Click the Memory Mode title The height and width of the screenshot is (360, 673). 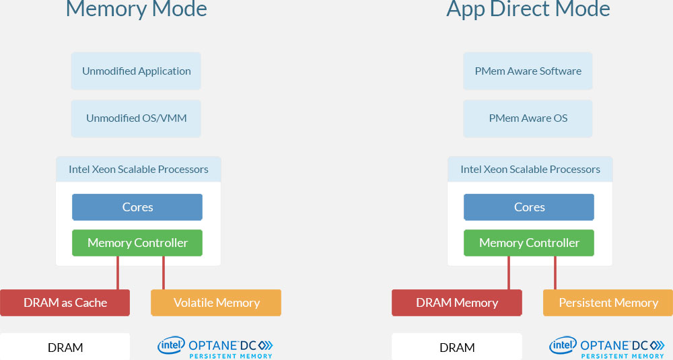click(137, 9)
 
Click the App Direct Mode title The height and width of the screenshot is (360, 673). click(528, 9)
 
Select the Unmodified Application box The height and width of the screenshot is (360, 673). click(137, 71)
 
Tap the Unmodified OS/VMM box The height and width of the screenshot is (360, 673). click(137, 118)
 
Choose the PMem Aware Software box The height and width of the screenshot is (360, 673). click(528, 71)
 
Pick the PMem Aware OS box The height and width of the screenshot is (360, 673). click(528, 118)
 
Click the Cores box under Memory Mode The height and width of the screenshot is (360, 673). click(137, 207)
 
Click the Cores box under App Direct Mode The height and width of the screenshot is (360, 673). click(529, 207)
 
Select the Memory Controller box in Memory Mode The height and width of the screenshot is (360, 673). click(137, 243)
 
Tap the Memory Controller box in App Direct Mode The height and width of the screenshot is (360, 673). click(529, 243)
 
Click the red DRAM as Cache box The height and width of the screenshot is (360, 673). click(65, 303)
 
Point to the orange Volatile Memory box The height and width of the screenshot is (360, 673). click(216, 303)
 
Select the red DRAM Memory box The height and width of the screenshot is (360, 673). click(457, 303)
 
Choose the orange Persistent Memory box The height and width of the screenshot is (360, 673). click(608, 303)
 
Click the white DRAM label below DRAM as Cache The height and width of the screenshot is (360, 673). click(65, 347)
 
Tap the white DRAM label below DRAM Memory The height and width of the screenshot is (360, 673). click(457, 347)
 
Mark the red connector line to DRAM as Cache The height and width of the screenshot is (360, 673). click(118, 273)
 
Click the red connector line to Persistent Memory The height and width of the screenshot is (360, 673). click(555, 273)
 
